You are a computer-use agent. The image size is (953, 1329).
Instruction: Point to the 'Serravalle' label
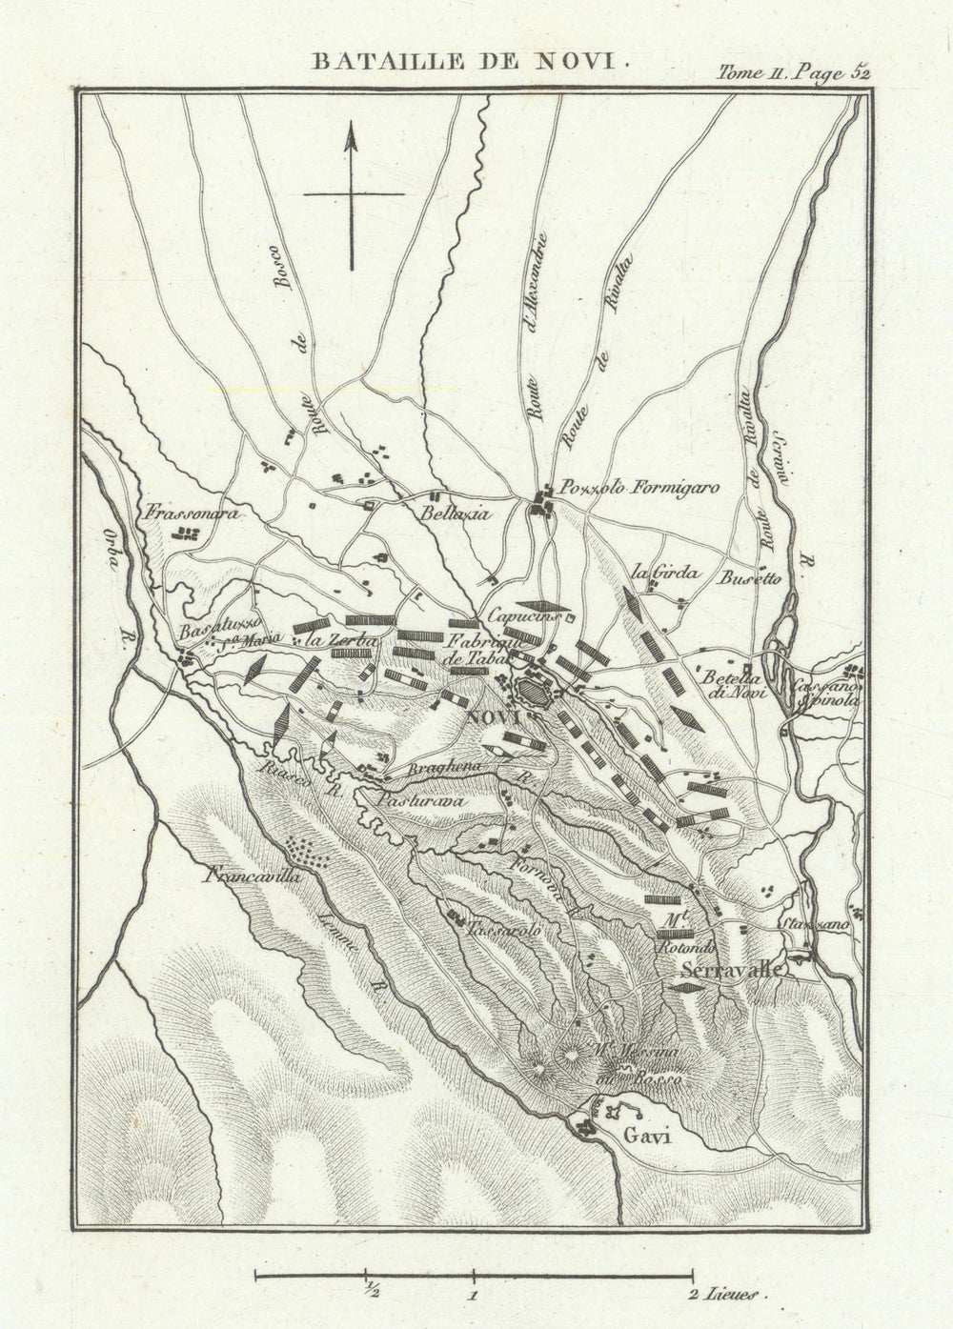tap(732, 970)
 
